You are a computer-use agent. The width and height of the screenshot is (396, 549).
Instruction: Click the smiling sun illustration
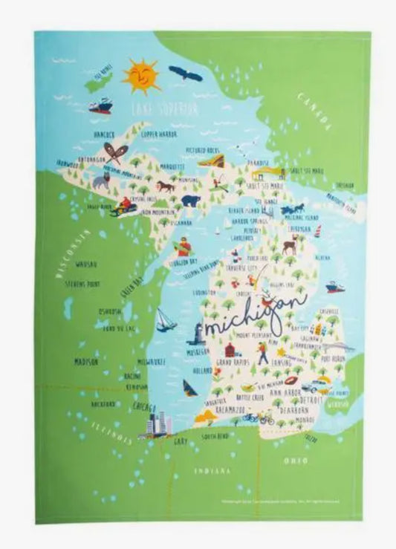coord(141,76)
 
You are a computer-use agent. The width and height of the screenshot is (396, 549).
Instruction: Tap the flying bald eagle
coord(185,73)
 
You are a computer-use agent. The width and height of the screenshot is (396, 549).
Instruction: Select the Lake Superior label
coord(164,110)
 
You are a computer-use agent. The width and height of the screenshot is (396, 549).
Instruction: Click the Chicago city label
coord(143,408)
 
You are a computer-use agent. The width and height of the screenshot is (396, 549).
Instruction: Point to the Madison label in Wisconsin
coord(86,362)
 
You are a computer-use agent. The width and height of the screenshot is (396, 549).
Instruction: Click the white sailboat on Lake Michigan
coord(165,319)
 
